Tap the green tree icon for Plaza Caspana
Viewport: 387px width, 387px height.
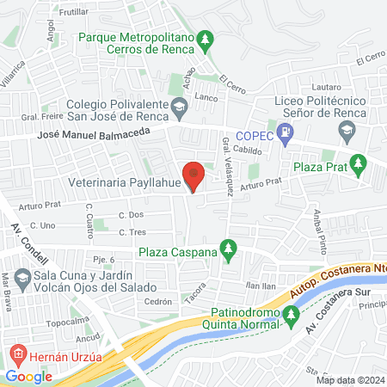[228, 251]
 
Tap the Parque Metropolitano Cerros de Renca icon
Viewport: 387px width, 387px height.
[204, 40]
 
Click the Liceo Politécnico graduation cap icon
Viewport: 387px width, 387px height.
[347, 131]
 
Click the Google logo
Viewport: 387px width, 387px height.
[28, 376]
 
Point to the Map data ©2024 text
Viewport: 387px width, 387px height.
[350, 380]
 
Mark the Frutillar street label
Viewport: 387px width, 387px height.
[99, 13]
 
